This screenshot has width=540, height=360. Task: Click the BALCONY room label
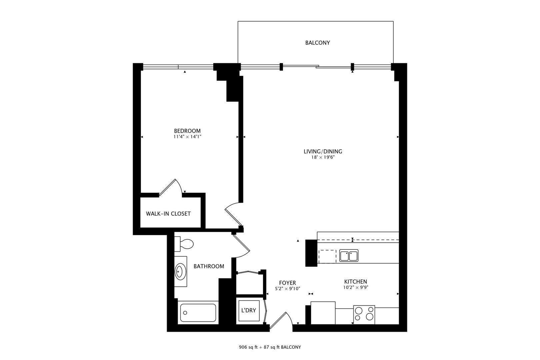pos(317,43)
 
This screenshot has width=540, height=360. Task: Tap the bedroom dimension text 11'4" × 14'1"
pos(187,137)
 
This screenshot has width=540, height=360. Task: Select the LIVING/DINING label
pos(323,151)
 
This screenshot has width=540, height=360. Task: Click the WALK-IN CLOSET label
pos(168,214)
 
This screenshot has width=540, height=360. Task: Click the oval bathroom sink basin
pos(180,271)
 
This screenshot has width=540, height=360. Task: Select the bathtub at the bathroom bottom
pos(198,313)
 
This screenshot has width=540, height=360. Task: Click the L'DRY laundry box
pos(248,310)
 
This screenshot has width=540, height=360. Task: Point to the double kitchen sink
pos(349,256)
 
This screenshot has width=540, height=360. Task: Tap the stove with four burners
pos(364,314)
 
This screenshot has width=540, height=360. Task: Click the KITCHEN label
pos(355,282)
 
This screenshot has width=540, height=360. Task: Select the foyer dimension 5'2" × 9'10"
pos(288,289)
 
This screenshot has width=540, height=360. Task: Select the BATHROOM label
pos(209,266)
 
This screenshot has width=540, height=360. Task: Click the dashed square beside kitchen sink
pos(327,256)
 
